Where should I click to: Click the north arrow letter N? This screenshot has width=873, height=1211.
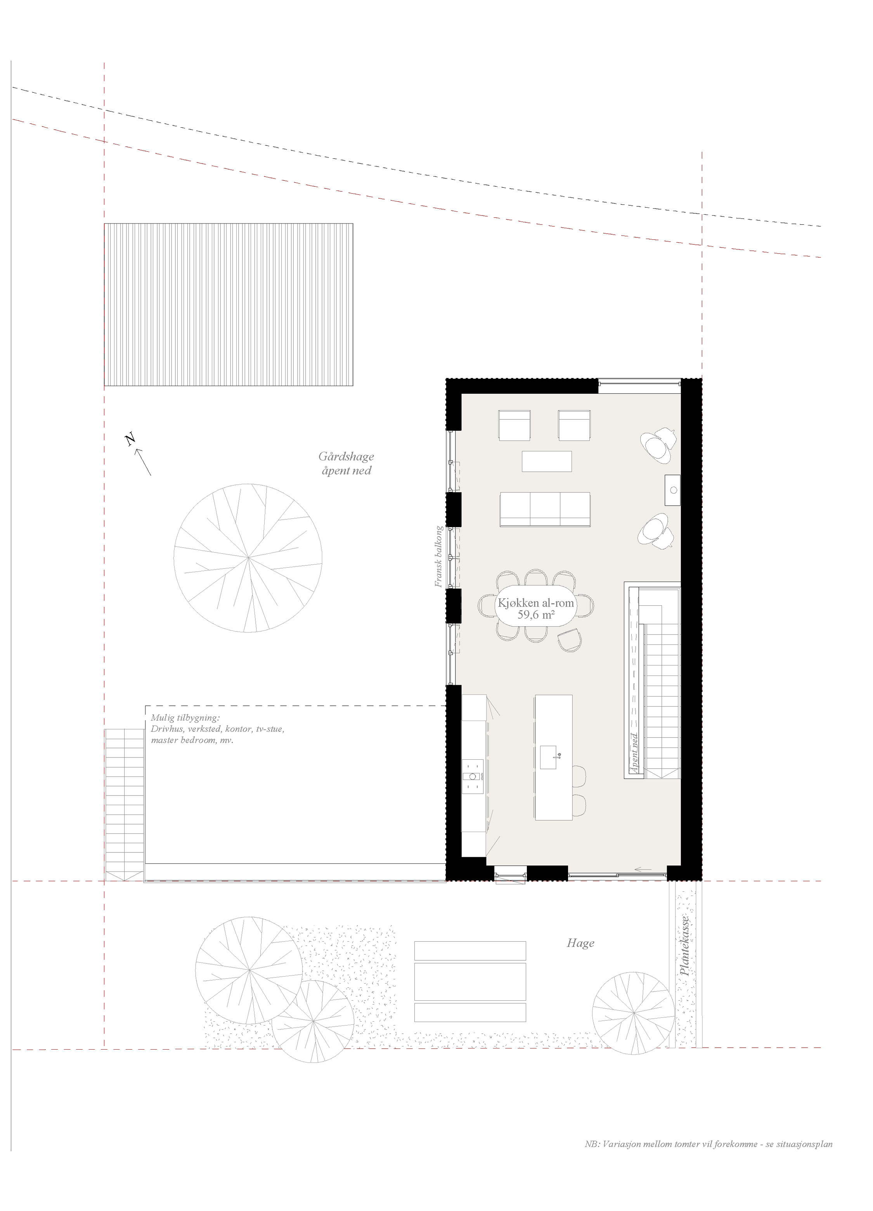[130, 440]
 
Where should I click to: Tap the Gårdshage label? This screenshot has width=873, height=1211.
[346, 457]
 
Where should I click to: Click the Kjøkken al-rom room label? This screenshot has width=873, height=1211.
[535, 603]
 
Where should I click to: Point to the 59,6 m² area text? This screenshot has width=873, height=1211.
[535, 615]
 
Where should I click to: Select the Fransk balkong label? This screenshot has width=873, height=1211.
[438, 556]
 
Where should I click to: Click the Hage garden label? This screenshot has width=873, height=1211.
[580, 943]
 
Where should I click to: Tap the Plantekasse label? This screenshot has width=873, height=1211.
[685, 946]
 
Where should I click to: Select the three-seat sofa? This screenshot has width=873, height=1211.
[545, 509]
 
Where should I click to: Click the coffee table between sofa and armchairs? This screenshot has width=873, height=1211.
[547, 461]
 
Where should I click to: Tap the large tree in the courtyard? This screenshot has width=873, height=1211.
[248, 558]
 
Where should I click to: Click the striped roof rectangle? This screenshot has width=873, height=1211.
[229, 304]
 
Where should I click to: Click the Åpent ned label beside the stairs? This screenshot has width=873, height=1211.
[634, 753]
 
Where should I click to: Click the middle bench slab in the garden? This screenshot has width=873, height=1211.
[470, 981]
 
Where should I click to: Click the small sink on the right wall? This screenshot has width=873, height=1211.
[673, 490]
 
